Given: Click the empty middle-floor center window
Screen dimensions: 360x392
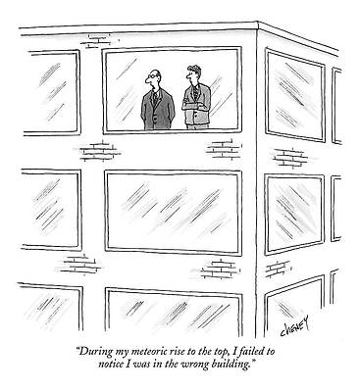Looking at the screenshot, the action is (x=173, y=212).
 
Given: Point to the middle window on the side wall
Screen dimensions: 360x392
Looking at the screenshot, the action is (x=295, y=210).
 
